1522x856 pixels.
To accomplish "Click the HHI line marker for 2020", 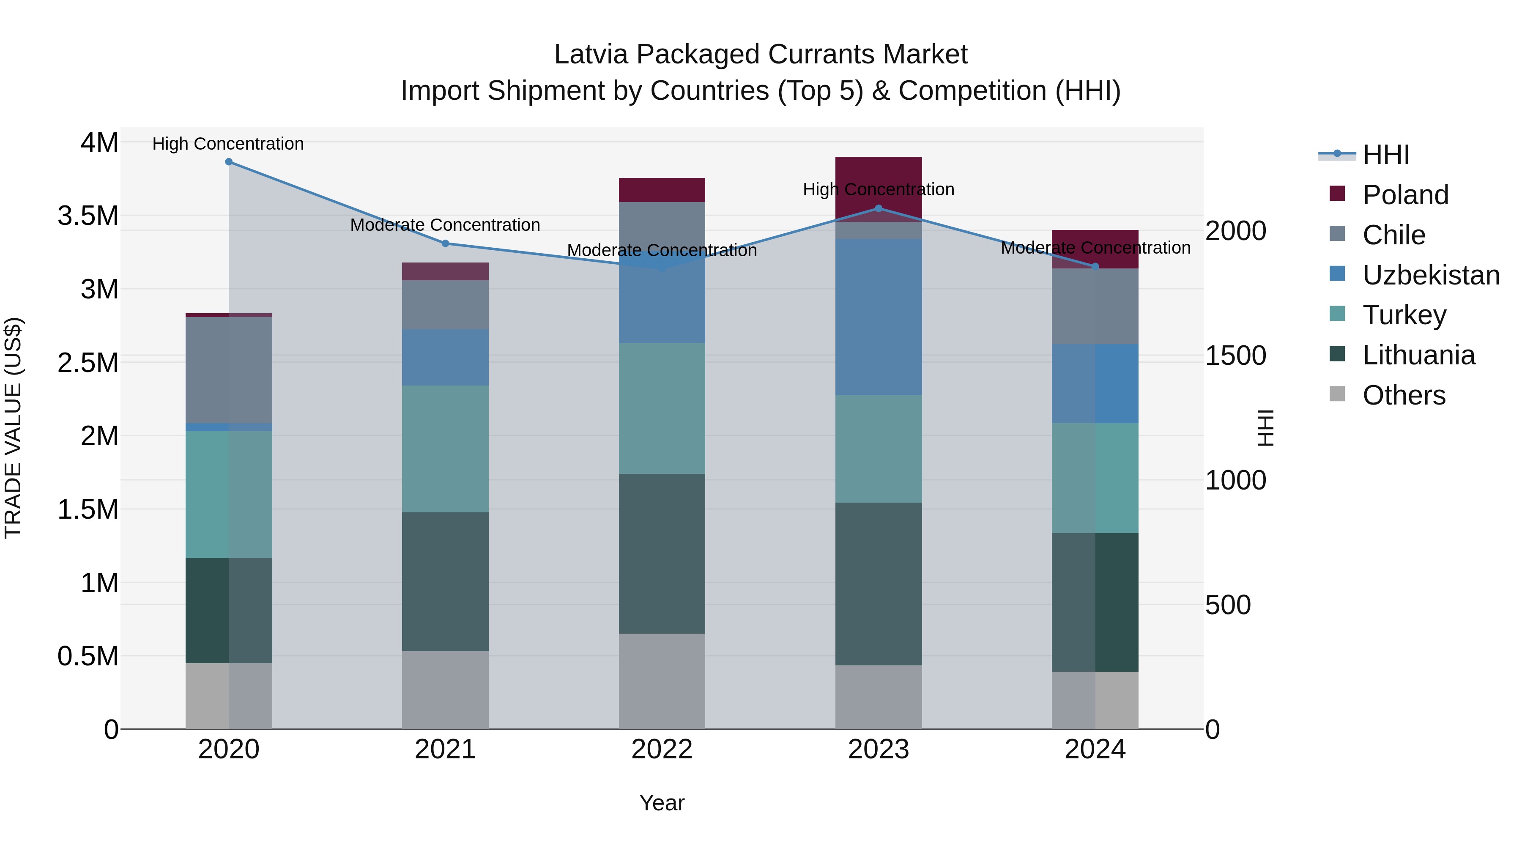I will (229, 162).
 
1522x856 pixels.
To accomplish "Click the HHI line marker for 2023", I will (878, 208).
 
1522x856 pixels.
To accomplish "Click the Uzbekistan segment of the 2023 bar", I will (878, 317).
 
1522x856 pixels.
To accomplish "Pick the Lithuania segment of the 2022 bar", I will (662, 553).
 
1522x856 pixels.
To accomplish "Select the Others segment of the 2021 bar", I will (446, 689).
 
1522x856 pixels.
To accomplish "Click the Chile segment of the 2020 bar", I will (229, 370).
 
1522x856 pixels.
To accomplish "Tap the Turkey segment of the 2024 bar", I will (1095, 478).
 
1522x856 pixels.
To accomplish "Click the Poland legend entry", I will (1405, 195).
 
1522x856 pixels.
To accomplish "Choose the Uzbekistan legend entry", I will (1430, 275).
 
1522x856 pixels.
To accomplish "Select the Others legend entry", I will (1403, 395).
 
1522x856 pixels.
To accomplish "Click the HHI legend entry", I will (1385, 155).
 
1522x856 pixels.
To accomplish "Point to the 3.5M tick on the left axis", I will (88, 216).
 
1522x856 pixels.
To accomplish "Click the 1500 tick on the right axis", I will (1235, 356).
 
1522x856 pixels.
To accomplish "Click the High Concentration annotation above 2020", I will (228, 144).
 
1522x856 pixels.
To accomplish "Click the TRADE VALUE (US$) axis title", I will (13, 428).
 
